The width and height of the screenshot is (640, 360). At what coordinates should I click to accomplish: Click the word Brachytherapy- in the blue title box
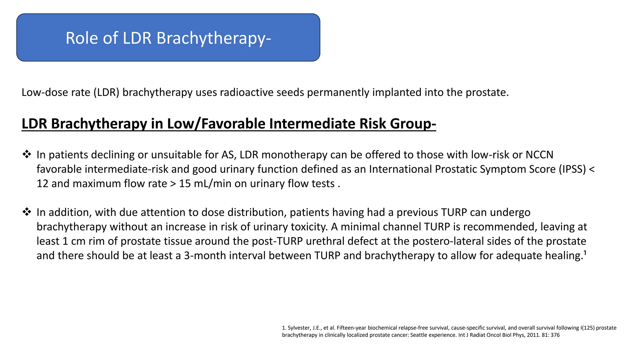[x=213, y=38]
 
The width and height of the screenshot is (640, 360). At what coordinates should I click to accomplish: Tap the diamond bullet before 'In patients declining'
[x=27, y=154]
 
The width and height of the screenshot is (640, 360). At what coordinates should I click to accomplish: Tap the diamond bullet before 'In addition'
[x=27, y=212]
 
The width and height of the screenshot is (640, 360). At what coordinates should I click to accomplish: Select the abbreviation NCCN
[x=539, y=155]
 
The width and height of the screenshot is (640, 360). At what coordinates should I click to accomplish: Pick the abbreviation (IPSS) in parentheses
[x=572, y=169]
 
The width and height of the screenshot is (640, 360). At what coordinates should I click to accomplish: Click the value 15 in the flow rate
[x=185, y=184]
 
